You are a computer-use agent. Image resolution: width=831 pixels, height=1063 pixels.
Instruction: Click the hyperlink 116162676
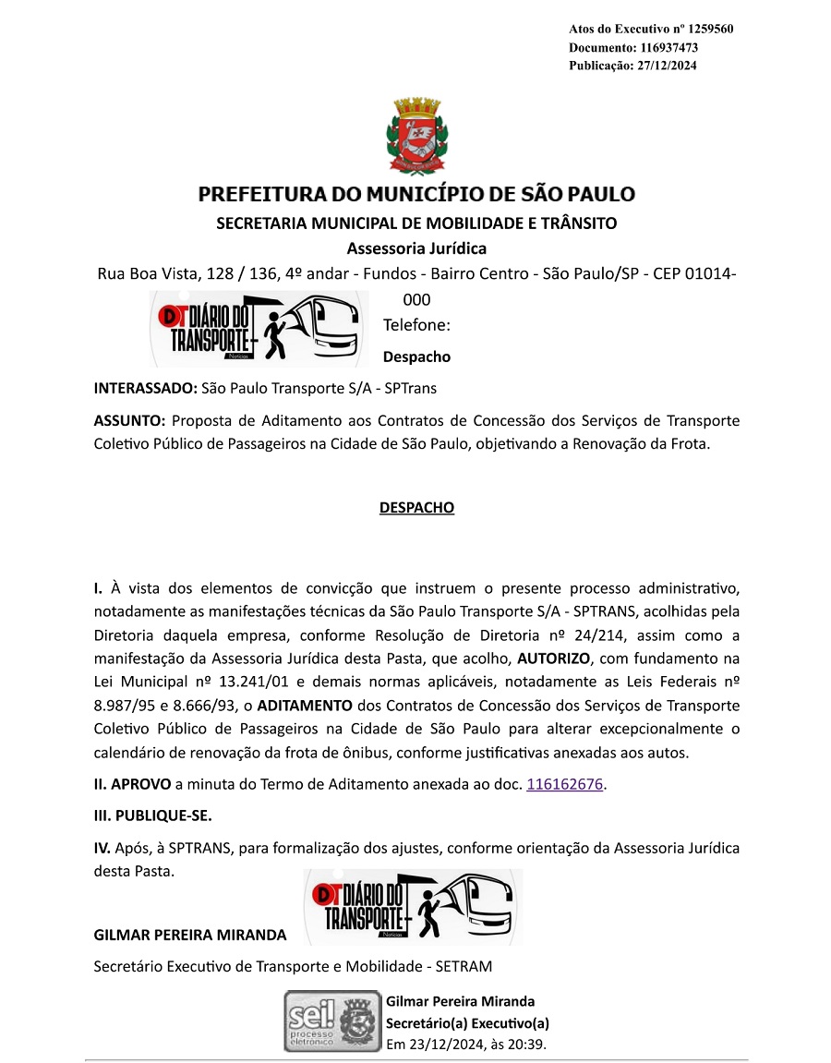[x=564, y=784]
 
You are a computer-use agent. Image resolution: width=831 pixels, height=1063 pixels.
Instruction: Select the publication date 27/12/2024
[x=667, y=66]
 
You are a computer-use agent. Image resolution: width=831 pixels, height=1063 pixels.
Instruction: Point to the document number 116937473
[x=665, y=47]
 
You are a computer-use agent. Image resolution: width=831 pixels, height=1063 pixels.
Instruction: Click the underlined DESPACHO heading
[x=416, y=508]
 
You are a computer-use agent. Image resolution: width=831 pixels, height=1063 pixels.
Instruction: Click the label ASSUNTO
[x=128, y=420]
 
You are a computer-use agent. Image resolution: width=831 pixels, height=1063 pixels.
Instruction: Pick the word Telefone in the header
[x=416, y=325]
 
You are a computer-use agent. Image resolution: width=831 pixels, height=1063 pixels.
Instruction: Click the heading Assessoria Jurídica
[x=416, y=248]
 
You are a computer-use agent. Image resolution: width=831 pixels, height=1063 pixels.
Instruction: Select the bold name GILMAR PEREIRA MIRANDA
[x=190, y=935]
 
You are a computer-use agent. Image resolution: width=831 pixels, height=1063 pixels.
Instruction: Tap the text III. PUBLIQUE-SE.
[x=153, y=816]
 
